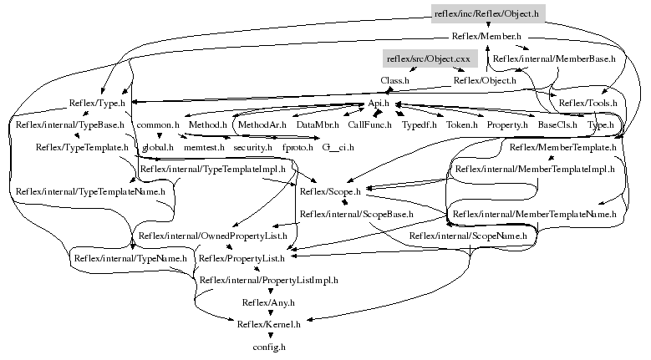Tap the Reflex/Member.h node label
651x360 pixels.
tap(486, 37)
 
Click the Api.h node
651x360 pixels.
tap(381, 103)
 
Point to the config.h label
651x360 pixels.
tap(269, 346)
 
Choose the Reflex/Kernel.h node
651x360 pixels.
tap(269, 324)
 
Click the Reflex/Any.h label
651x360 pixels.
tap(268, 302)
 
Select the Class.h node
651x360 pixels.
tap(394, 81)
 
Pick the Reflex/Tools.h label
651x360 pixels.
tap(587, 103)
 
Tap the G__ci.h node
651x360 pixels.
tap(338, 147)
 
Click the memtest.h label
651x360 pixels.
tap(204, 147)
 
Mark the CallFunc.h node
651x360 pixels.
tap(369, 124)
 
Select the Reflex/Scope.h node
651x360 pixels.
tap(330, 191)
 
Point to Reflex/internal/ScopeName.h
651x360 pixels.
tap(468, 236)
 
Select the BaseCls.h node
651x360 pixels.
tap(553, 124)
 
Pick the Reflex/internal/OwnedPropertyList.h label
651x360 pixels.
tap(213, 236)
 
